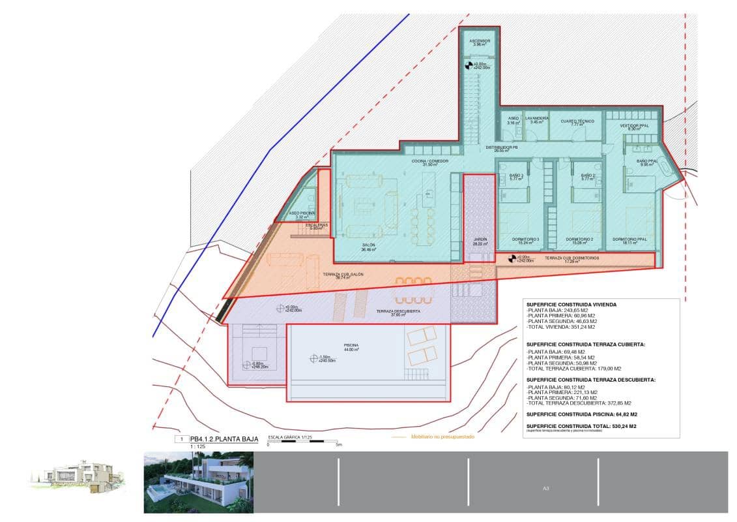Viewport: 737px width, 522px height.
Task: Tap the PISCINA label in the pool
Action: coord(352,345)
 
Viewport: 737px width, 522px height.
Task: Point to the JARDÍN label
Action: coord(480,239)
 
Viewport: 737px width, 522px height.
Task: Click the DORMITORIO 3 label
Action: coord(525,239)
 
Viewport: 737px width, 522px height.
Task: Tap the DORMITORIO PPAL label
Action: coord(629,239)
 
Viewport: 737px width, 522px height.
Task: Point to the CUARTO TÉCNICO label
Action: coord(577,121)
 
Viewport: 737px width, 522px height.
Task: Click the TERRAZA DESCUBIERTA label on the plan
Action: coord(397,312)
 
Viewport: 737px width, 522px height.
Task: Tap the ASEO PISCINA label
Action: coord(302,213)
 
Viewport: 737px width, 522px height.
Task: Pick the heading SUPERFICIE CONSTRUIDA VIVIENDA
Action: coord(571,304)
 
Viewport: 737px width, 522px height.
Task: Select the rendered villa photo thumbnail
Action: coord(198,482)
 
